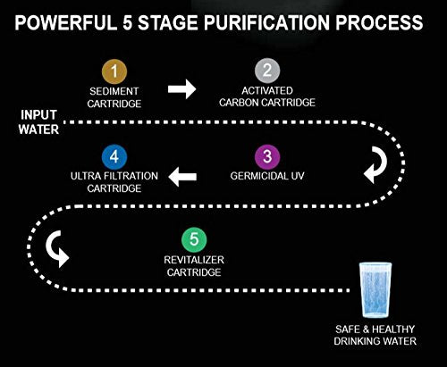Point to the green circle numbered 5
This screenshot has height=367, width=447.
point(194,239)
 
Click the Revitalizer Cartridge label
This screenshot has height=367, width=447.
point(194,266)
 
